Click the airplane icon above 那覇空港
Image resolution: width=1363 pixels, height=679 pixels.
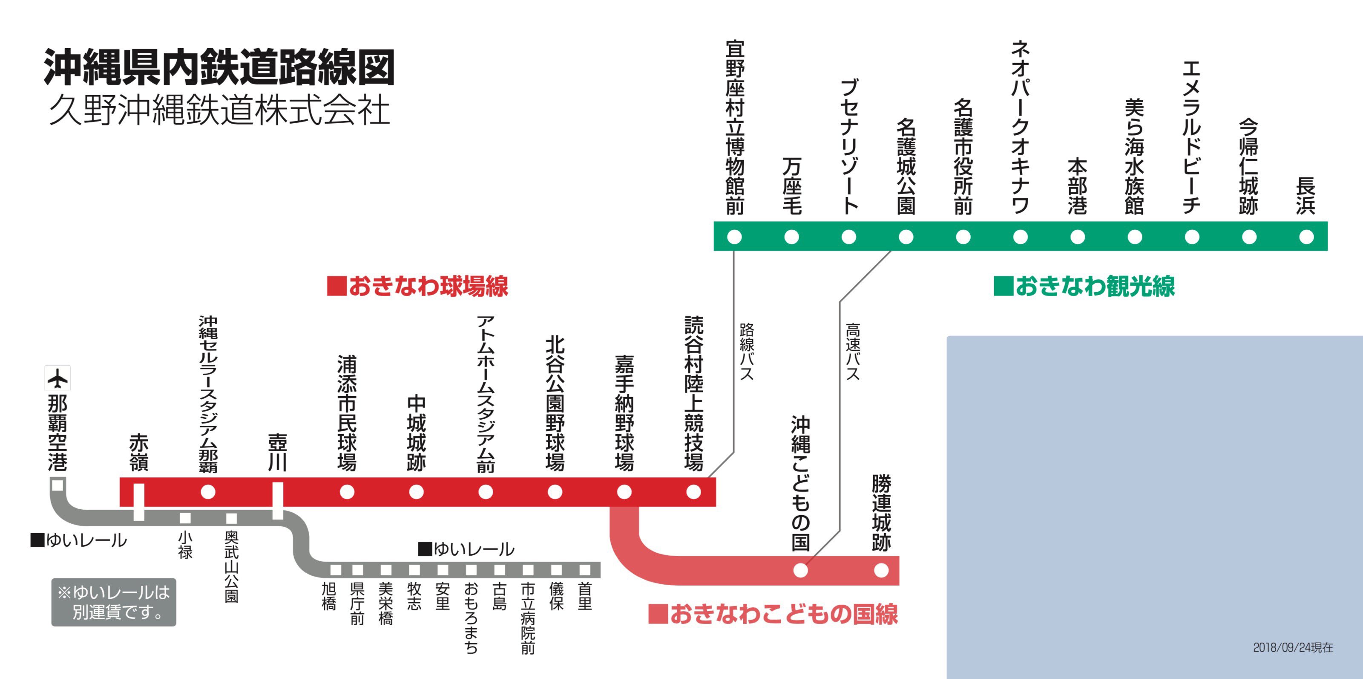pos(58,379)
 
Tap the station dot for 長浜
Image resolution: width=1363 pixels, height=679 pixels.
pos(1306,237)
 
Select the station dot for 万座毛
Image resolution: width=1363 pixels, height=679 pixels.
pos(791,237)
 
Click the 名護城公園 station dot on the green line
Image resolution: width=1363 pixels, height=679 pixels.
pos(906,237)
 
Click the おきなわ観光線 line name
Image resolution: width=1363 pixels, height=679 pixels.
pos(1085,287)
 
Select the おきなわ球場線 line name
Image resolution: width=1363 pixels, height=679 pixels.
pos(418,287)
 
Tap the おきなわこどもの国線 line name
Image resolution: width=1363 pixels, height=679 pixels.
pos(774,614)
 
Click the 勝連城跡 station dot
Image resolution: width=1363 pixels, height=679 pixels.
pos(881,570)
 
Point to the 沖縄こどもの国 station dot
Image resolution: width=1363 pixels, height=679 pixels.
pos(801,570)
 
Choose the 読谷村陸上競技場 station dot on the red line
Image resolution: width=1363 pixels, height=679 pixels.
pos(693,492)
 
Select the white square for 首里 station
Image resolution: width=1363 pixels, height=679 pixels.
pos(585,570)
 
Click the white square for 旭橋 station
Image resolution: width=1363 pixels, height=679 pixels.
pos(336,570)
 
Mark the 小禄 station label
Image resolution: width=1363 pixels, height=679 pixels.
pos(185,545)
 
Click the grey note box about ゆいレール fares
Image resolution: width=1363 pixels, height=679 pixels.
pos(114,602)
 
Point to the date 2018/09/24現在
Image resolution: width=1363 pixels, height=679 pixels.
pos(1293,647)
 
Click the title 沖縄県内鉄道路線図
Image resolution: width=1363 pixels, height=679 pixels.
pos(219,67)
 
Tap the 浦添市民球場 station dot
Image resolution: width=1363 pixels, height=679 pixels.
pos(347,492)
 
